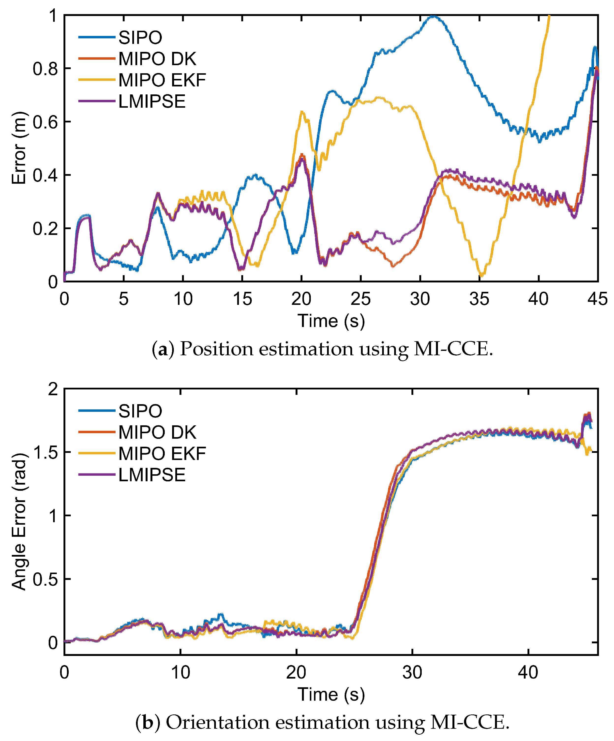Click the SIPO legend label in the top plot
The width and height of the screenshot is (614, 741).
[140, 37]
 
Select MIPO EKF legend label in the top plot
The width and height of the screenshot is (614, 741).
[162, 80]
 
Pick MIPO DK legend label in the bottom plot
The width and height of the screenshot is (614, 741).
[157, 432]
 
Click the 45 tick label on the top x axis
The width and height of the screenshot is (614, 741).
[597, 299]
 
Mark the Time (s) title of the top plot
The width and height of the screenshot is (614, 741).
[331, 321]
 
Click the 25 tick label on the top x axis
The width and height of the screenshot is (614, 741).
[360, 299]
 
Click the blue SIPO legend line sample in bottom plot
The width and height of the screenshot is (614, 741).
[97, 411]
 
